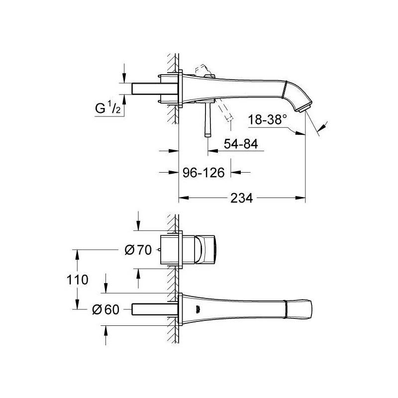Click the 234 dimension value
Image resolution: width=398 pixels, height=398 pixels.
pos(241,198)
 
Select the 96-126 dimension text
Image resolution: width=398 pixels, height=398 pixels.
pos(203,173)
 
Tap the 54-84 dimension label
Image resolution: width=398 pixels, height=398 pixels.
pos(241,144)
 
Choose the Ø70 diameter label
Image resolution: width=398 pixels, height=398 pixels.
pos(138,250)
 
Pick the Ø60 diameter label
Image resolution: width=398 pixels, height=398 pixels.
pos(105,309)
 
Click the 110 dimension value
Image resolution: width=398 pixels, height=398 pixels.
pos(77,280)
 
